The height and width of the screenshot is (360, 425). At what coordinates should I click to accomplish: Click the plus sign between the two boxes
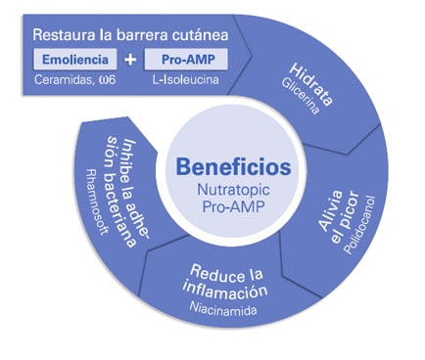point(131,62)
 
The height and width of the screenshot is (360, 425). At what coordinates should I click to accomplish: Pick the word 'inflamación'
point(229,291)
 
